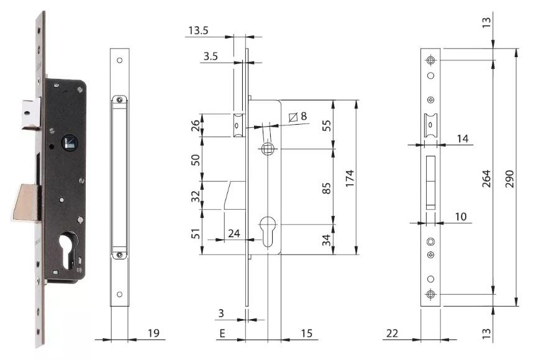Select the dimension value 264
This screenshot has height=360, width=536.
point(502,179)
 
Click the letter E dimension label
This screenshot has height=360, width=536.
point(222,334)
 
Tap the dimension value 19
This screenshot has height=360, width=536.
point(152,334)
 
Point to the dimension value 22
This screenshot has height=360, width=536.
point(392,334)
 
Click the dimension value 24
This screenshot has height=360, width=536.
point(234,234)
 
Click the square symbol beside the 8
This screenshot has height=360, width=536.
point(293,117)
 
